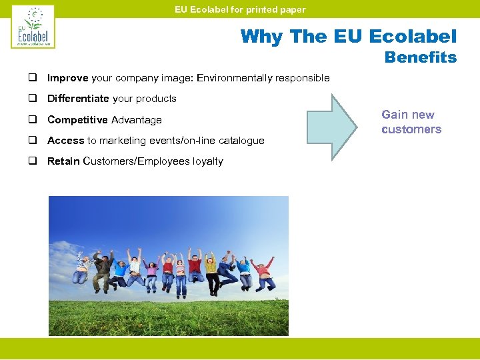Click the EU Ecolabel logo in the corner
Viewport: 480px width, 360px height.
click(x=33, y=27)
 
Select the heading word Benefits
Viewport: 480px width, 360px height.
click(x=421, y=58)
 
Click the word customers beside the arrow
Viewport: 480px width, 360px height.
click(x=411, y=129)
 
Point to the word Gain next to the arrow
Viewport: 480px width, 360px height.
click(x=394, y=115)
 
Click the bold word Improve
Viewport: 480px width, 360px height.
click(x=68, y=78)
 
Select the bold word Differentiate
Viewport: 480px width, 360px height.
click(x=78, y=99)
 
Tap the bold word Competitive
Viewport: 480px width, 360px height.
click(x=78, y=120)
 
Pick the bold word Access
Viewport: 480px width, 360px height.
click(x=66, y=141)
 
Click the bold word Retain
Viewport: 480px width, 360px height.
click(x=63, y=161)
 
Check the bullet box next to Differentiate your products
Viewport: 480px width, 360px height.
click(x=31, y=99)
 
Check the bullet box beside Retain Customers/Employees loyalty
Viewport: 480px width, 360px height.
click(x=31, y=161)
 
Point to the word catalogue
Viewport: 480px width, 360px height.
click(x=241, y=141)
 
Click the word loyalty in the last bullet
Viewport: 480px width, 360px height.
click(x=206, y=161)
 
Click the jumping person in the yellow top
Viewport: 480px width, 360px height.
click(x=211, y=270)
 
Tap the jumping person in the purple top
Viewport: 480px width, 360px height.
click(x=151, y=271)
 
